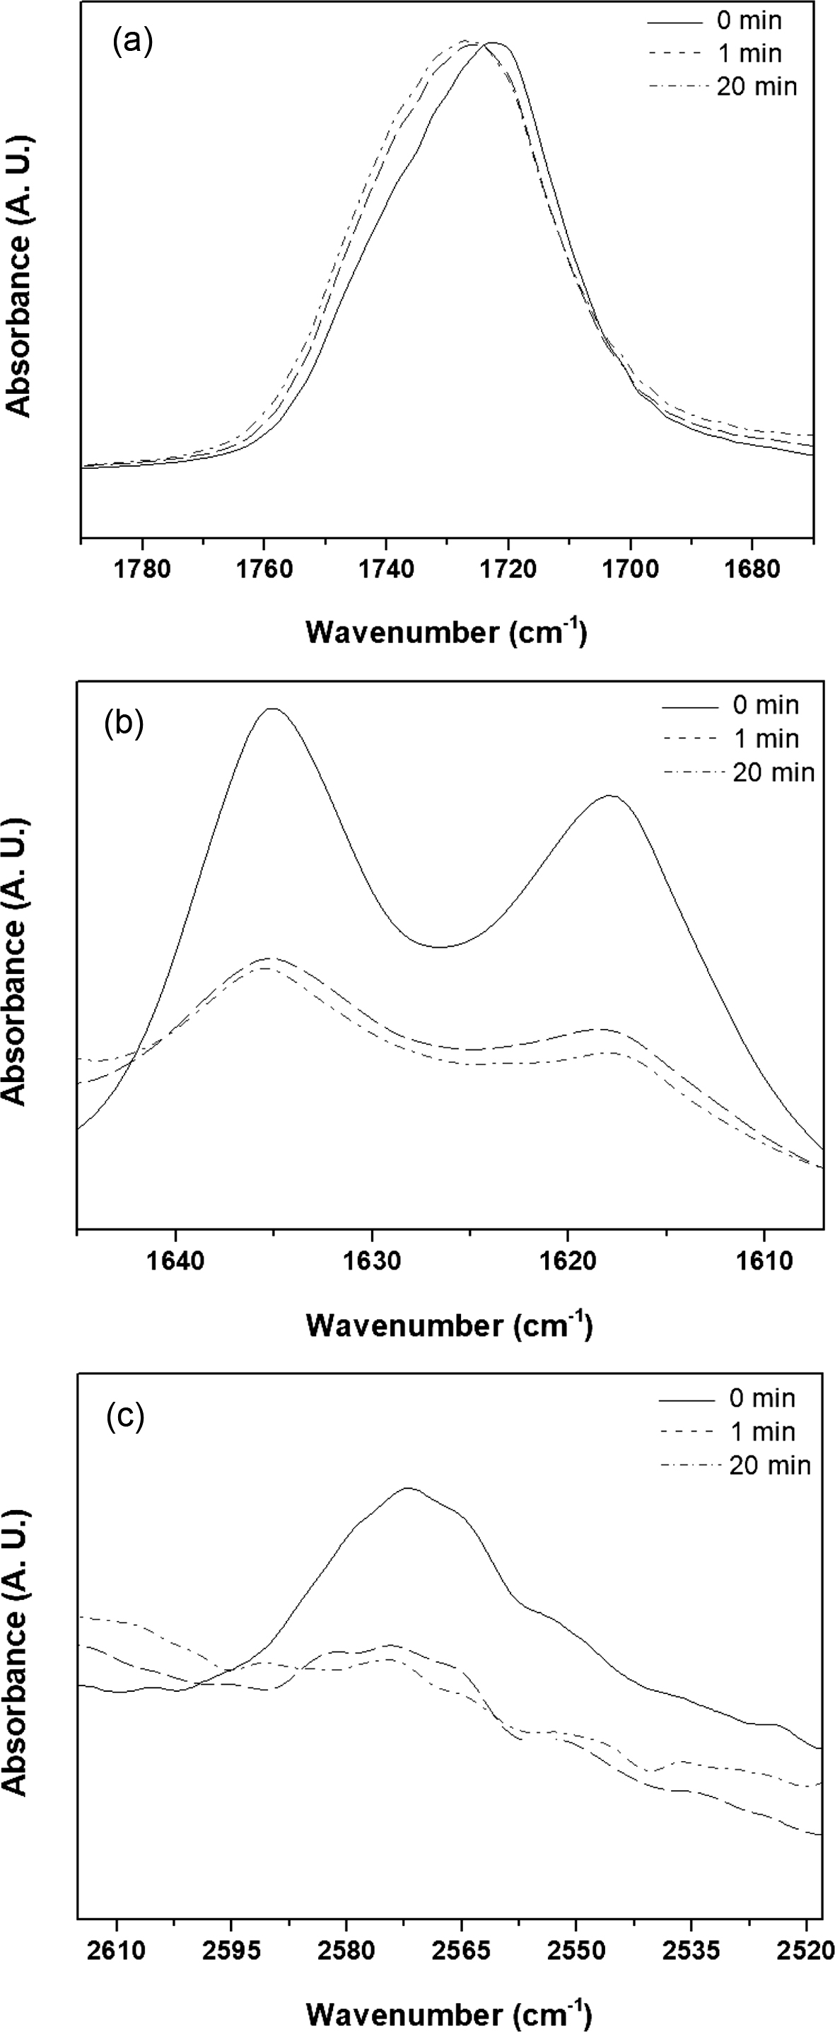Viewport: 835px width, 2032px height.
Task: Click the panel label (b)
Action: click(x=124, y=724)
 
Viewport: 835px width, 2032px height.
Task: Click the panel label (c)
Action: click(x=124, y=1417)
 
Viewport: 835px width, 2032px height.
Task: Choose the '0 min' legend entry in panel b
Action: click(x=765, y=704)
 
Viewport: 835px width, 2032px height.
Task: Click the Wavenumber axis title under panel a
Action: click(x=446, y=632)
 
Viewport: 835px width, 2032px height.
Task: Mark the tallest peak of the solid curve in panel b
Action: click(x=272, y=709)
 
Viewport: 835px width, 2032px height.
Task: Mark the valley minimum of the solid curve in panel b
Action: click(x=440, y=946)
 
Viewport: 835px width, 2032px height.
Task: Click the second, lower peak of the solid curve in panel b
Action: click(x=609, y=795)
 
